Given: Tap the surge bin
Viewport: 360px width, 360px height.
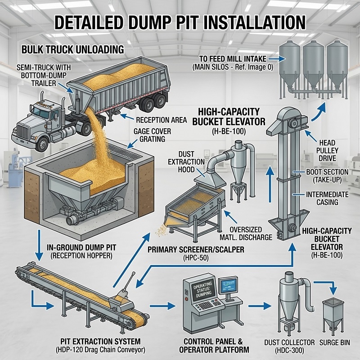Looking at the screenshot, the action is tap(333, 315).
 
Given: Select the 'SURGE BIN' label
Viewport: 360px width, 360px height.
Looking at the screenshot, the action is tap(335, 342).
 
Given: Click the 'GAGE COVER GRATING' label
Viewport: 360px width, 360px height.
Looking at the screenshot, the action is tap(153, 135).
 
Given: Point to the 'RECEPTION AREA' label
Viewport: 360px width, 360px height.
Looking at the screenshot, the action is tap(162, 120).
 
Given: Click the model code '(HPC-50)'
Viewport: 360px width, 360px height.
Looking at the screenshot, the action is tap(196, 258).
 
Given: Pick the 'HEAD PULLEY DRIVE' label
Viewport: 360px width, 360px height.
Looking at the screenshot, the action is tap(328, 151).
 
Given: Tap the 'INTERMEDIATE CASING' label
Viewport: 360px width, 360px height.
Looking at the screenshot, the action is tap(328, 198).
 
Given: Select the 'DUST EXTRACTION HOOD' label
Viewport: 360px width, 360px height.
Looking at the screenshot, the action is tap(186, 162).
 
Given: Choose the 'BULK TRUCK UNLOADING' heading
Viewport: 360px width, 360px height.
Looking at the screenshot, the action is tap(73, 49).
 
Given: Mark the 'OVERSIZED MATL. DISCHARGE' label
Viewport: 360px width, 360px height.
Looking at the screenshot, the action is tap(246, 234).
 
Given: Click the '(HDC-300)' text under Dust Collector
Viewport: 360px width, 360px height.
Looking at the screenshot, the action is tap(289, 351).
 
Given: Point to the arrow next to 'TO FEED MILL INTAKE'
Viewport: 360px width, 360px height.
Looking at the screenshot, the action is tap(277, 59).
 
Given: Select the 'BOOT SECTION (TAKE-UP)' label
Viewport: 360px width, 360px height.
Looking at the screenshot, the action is tap(327, 175).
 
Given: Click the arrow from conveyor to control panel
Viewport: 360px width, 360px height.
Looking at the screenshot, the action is tap(162, 306).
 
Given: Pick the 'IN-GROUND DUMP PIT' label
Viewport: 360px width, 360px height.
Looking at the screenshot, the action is tap(81, 248).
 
